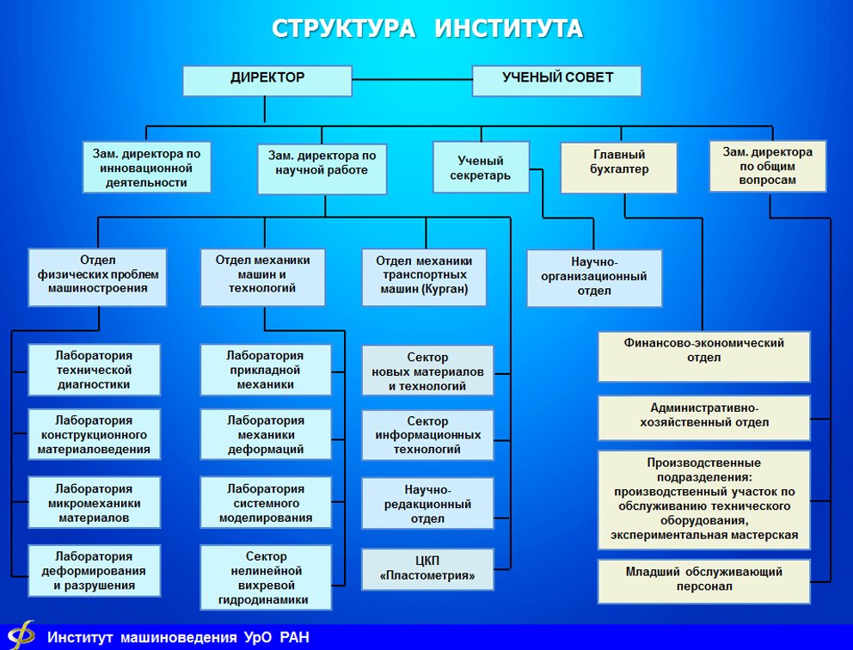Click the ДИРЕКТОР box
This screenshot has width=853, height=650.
click(x=267, y=79)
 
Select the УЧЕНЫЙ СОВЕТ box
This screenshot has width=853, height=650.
click(x=557, y=79)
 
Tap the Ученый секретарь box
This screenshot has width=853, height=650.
click(x=480, y=168)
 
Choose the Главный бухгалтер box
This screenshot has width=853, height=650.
click(x=618, y=168)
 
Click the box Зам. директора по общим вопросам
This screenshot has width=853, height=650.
click(x=767, y=166)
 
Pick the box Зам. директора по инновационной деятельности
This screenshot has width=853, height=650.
click(x=146, y=168)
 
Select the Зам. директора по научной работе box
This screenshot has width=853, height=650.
click(x=322, y=168)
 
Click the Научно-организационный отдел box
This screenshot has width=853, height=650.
click(x=594, y=278)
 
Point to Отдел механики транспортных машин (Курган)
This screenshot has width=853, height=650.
click(x=424, y=276)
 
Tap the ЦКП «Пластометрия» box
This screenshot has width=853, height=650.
click(x=427, y=569)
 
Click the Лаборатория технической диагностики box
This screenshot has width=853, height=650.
click(x=94, y=370)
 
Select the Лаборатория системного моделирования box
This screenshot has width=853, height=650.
click(x=265, y=504)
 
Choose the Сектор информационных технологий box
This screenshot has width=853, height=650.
click(x=427, y=435)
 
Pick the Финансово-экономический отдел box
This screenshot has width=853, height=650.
click(x=703, y=355)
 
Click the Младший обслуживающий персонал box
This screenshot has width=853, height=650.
click(x=703, y=580)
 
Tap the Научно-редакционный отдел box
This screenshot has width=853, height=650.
click(x=427, y=503)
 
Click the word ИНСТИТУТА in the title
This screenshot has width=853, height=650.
click(x=509, y=28)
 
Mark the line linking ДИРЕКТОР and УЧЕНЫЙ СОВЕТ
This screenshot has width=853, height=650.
click(x=411, y=79)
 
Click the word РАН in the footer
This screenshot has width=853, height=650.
click(x=294, y=637)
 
